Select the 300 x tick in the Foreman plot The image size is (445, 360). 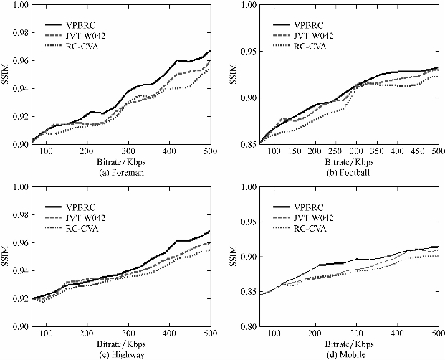(128, 152)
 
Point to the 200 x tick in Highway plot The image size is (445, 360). (87, 334)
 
